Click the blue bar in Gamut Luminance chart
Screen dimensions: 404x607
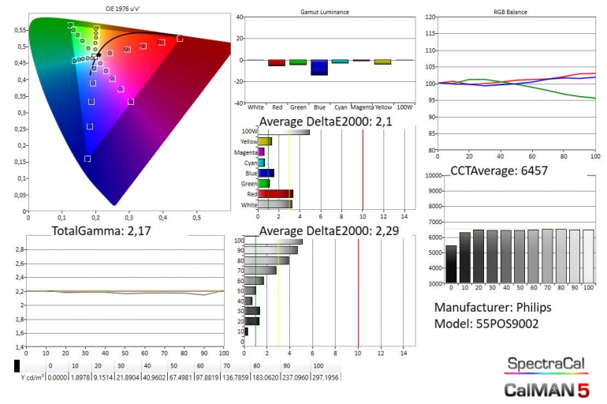coord(318,67)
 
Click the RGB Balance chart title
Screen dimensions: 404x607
coord(511,13)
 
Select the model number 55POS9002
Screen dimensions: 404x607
coord(508,324)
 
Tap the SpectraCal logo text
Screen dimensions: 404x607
coord(546,364)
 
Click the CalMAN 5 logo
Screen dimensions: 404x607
coord(546,388)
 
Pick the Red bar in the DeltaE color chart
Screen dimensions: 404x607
coord(275,193)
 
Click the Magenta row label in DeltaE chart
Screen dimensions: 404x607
coord(244,152)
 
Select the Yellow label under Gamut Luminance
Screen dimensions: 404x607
coord(382,107)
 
